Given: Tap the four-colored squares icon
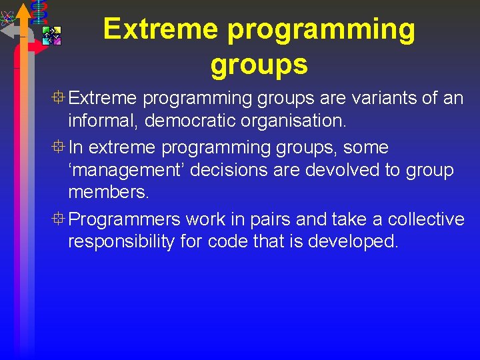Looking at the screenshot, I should [51, 35].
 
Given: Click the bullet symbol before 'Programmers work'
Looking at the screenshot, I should [60, 219].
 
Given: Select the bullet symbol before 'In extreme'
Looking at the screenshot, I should [60, 147].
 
